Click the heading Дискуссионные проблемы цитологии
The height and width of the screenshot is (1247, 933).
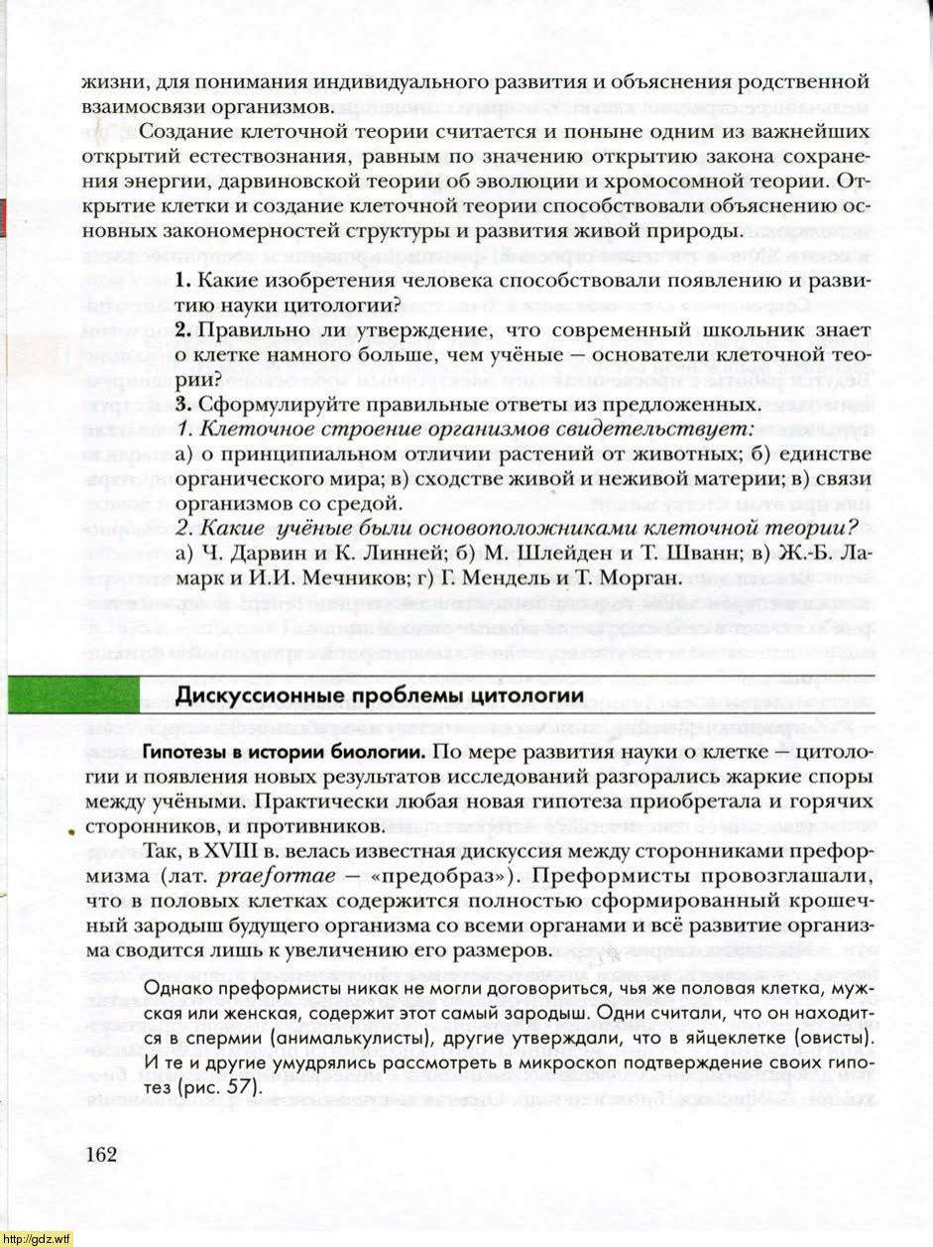(379, 694)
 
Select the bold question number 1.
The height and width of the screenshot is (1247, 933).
(183, 282)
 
